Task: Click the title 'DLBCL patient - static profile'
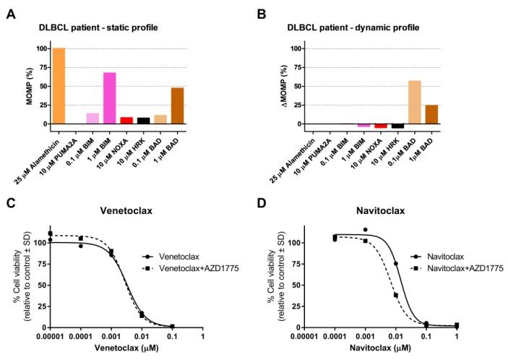click(x=98, y=27)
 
